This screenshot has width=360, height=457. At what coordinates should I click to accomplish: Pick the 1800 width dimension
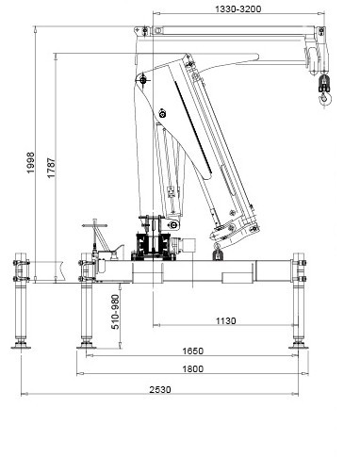point(193,369)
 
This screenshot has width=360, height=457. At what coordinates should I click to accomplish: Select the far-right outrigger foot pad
point(300,346)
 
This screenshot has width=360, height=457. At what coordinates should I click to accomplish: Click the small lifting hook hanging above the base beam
point(216,252)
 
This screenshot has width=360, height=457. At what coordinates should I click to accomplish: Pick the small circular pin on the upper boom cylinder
point(163,114)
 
